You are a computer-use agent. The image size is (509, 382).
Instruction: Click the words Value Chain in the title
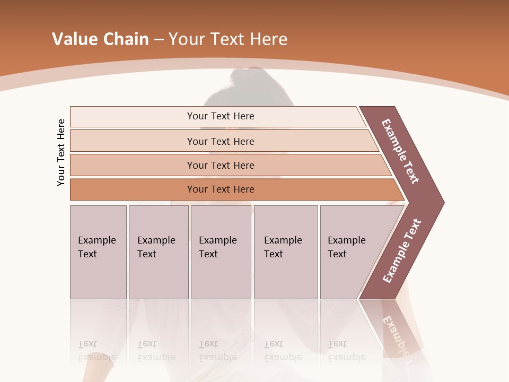100,39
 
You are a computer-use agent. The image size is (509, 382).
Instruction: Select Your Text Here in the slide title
228,39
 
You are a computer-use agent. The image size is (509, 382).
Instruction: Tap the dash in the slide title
159,40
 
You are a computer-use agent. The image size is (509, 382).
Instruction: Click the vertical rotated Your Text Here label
61,152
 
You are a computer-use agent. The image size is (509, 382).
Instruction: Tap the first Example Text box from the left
98,252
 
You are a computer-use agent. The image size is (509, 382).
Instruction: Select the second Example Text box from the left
159,252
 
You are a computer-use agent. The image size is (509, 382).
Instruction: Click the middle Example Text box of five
221,252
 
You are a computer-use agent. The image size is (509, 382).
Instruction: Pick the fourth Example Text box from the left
286,252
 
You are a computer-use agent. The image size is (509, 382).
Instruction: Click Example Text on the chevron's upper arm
400,151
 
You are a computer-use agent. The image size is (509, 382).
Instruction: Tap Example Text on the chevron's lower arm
402,251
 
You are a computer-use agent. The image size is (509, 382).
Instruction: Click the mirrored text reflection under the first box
96,351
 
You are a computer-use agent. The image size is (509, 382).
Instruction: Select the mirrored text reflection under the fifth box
346,351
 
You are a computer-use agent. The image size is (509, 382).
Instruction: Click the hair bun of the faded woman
245,77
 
